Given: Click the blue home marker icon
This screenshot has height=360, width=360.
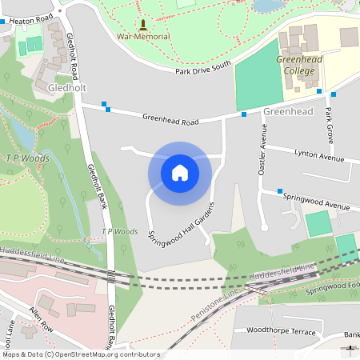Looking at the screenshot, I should point(179,172).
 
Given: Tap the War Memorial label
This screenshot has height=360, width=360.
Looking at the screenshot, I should point(143,37).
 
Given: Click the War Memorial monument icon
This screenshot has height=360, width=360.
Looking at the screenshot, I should point(143,25).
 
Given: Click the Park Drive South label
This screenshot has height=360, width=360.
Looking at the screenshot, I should point(203,68).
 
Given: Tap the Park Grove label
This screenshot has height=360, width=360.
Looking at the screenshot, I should point(329,124).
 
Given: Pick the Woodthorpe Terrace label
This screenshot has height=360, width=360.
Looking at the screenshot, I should point(279,329).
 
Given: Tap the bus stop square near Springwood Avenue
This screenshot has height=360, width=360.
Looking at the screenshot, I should point(280,191).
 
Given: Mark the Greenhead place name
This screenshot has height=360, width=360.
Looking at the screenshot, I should point(288,112).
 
